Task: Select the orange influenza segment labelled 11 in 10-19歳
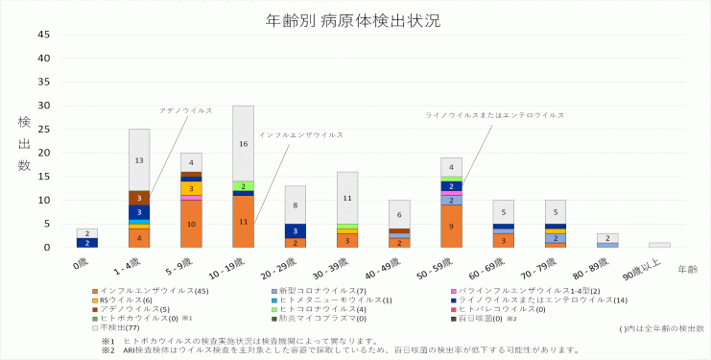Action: pyautogui.click(x=243, y=222)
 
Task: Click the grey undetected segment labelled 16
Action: pyautogui.click(x=243, y=143)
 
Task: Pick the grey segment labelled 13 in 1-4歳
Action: pyautogui.click(x=139, y=159)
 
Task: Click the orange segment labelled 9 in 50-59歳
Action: pyautogui.click(x=451, y=227)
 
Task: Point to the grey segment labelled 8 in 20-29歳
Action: pyautogui.click(x=295, y=204)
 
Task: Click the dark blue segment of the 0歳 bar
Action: pyautogui.click(x=87, y=243)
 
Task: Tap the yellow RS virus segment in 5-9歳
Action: pyautogui.click(x=191, y=189)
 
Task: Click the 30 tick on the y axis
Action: pyautogui.click(x=43, y=106)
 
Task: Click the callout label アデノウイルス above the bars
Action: pyautogui.click(x=185, y=110)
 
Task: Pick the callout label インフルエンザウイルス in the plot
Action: pyautogui.click(x=301, y=134)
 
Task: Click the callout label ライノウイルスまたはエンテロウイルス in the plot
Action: pyautogui.click(x=495, y=115)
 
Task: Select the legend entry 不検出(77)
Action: pyautogui.click(x=116, y=327)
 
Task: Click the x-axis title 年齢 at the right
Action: pyautogui.click(x=686, y=271)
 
